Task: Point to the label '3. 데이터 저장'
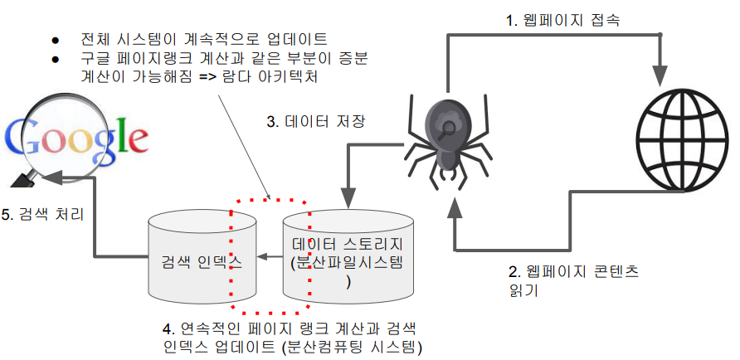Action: pyautogui.click(x=316, y=122)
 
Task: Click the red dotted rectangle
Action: pyautogui.click(x=270, y=201)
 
